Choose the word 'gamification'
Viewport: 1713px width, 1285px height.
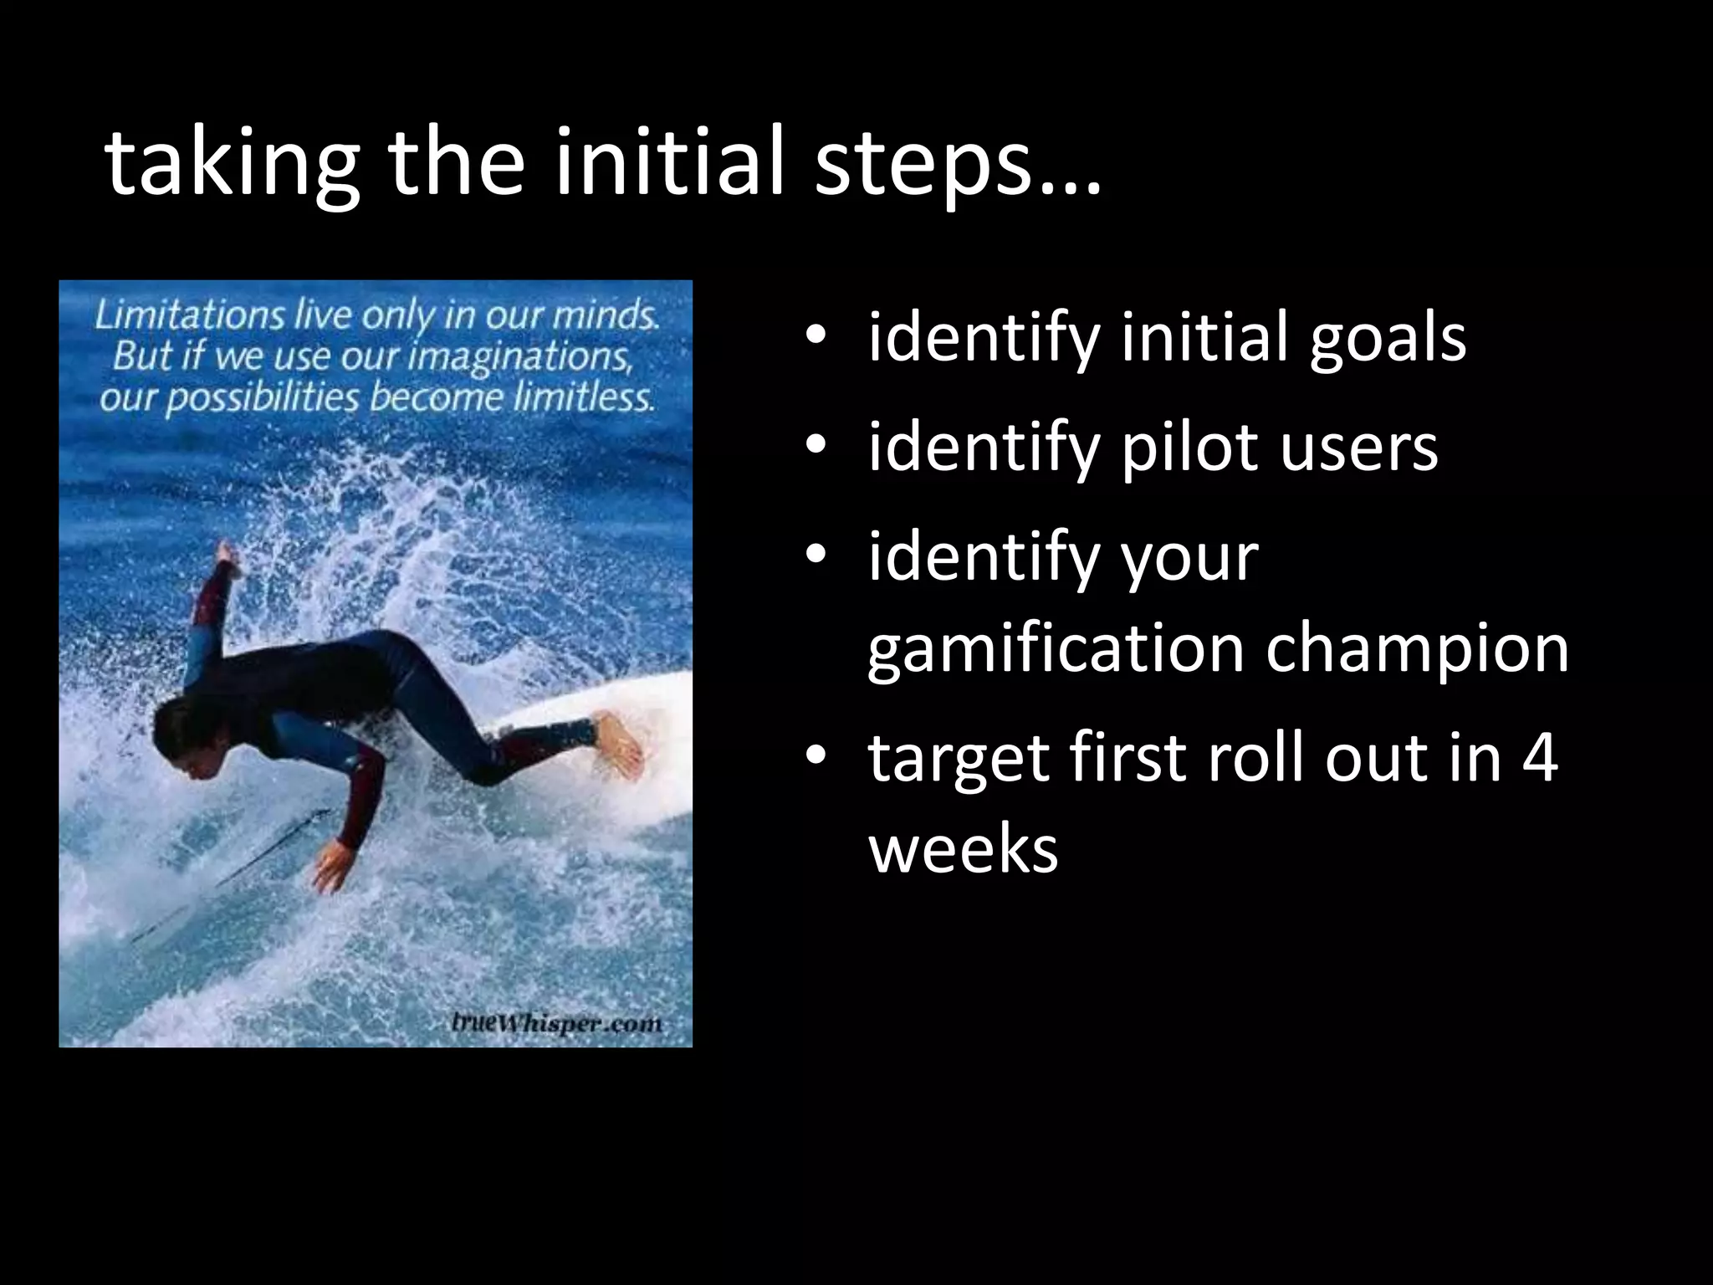(x=1055, y=649)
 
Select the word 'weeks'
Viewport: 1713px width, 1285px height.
(x=964, y=848)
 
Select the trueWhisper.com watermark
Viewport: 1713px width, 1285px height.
(x=556, y=1022)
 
